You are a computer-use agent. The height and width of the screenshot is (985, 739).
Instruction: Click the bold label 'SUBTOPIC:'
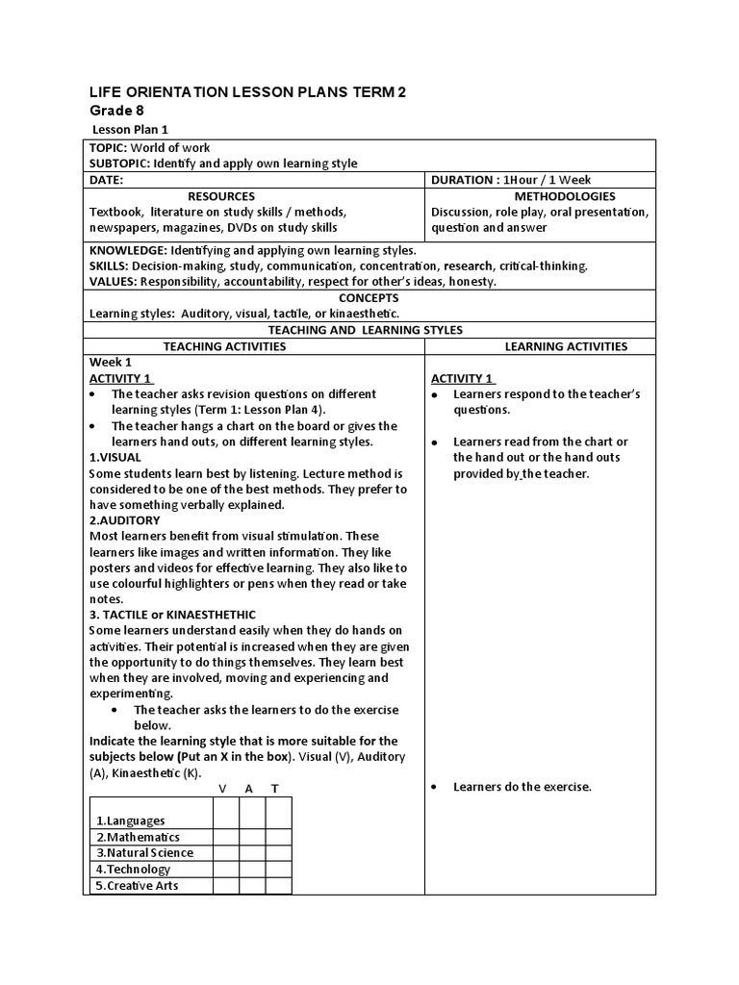coord(119,164)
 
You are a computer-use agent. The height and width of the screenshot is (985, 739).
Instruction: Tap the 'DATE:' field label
coord(107,180)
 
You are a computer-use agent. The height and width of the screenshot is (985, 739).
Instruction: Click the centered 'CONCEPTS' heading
coord(369,297)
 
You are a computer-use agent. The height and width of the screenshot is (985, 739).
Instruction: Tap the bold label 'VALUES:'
coord(114,281)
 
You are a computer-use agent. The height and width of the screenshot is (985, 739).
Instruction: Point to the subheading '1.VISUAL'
coord(115,457)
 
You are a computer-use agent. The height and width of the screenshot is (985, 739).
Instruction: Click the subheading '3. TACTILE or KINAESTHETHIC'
coord(172,614)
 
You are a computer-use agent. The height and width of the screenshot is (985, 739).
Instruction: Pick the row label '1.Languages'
coord(130,821)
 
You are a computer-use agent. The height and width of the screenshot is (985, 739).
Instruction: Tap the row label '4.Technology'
coord(133,870)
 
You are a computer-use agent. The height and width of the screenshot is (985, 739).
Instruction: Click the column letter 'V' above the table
coord(223,789)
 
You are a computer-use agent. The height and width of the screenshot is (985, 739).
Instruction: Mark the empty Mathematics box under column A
coord(252,837)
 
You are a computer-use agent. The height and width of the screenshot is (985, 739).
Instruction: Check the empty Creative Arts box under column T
coord(278,886)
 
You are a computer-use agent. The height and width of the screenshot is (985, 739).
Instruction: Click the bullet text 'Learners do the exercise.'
coord(522,787)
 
